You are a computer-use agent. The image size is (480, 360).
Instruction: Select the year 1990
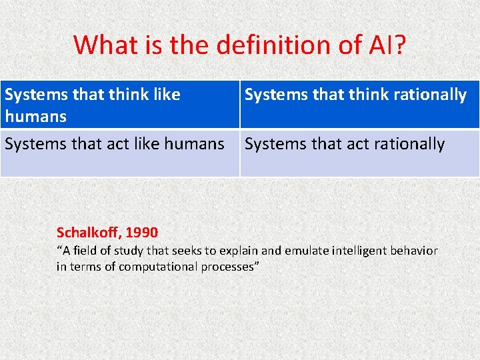141,233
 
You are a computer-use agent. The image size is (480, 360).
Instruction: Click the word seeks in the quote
188,251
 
